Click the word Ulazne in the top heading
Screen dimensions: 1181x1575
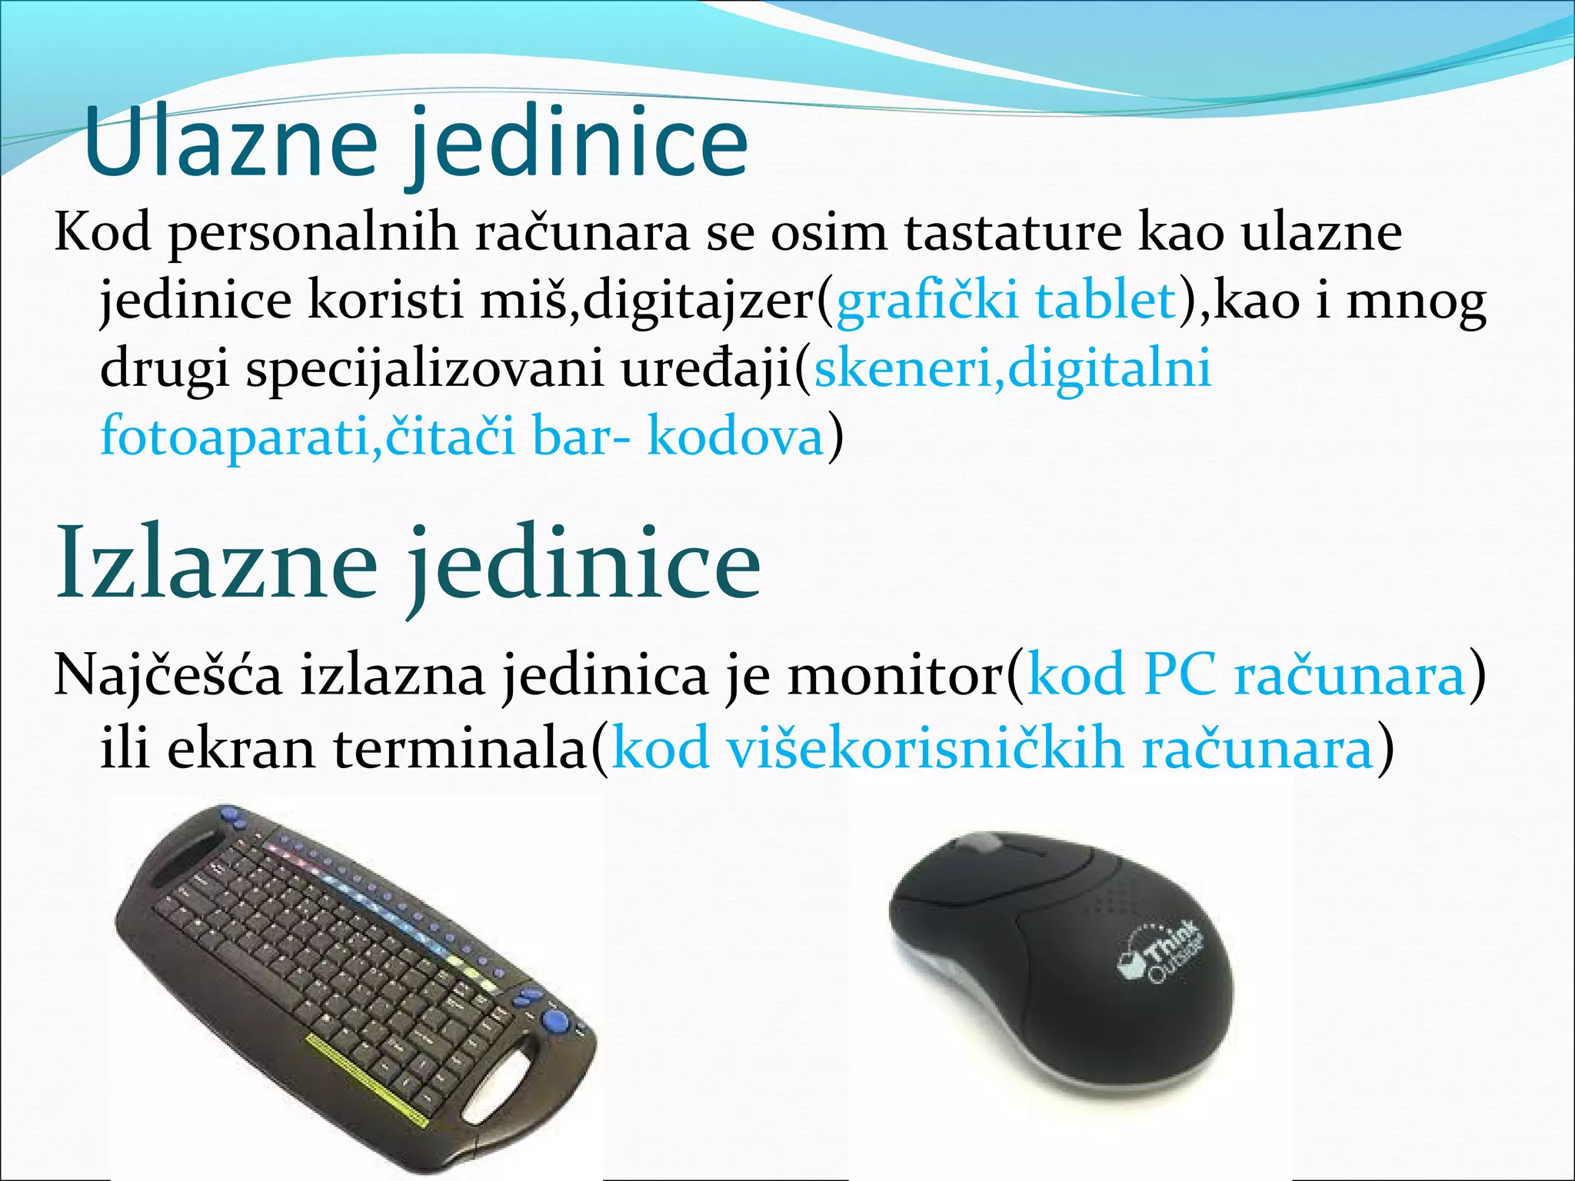click(231, 142)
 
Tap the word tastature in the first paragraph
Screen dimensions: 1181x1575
click(1012, 232)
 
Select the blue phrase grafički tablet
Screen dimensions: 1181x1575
click(1006, 301)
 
